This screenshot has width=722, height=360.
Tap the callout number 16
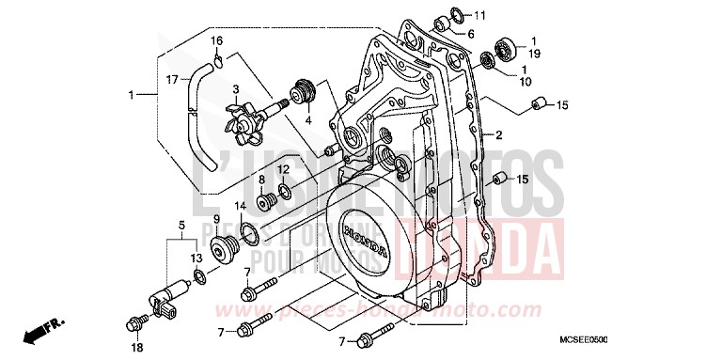(216, 40)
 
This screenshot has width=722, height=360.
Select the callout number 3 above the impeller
(224, 88)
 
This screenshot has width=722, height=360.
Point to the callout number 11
(479, 16)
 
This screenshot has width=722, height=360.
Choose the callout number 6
(470, 35)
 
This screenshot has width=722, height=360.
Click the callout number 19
(533, 54)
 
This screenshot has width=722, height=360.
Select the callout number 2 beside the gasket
(499, 134)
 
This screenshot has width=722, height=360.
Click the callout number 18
(137, 347)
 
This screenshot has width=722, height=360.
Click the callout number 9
(215, 219)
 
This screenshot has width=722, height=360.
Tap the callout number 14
(240, 206)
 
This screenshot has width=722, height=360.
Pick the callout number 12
(282, 170)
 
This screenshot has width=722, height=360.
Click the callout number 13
(196, 258)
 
